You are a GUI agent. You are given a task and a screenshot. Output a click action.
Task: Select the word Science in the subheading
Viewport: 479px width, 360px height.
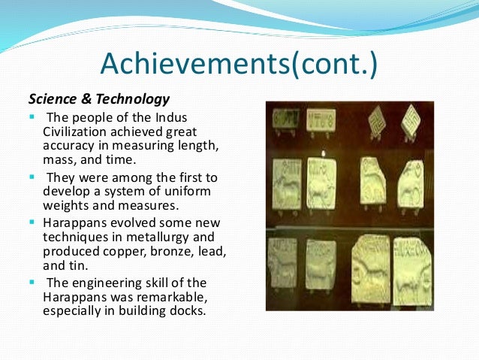pyautogui.click(x=52, y=98)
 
